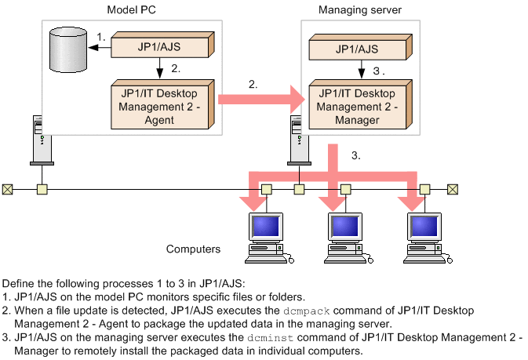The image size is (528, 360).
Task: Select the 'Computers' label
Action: pyautogui.click(x=193, y=249)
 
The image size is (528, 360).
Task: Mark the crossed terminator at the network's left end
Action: pyautogui.click(x=7, y=189)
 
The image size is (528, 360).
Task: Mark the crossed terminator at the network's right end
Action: pyautogui.click(x=453, y=189)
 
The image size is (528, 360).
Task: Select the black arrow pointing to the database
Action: pyautogui.click(x=100, y=48)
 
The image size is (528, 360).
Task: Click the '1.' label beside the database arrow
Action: pyautogui.click(x=101, y=36)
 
